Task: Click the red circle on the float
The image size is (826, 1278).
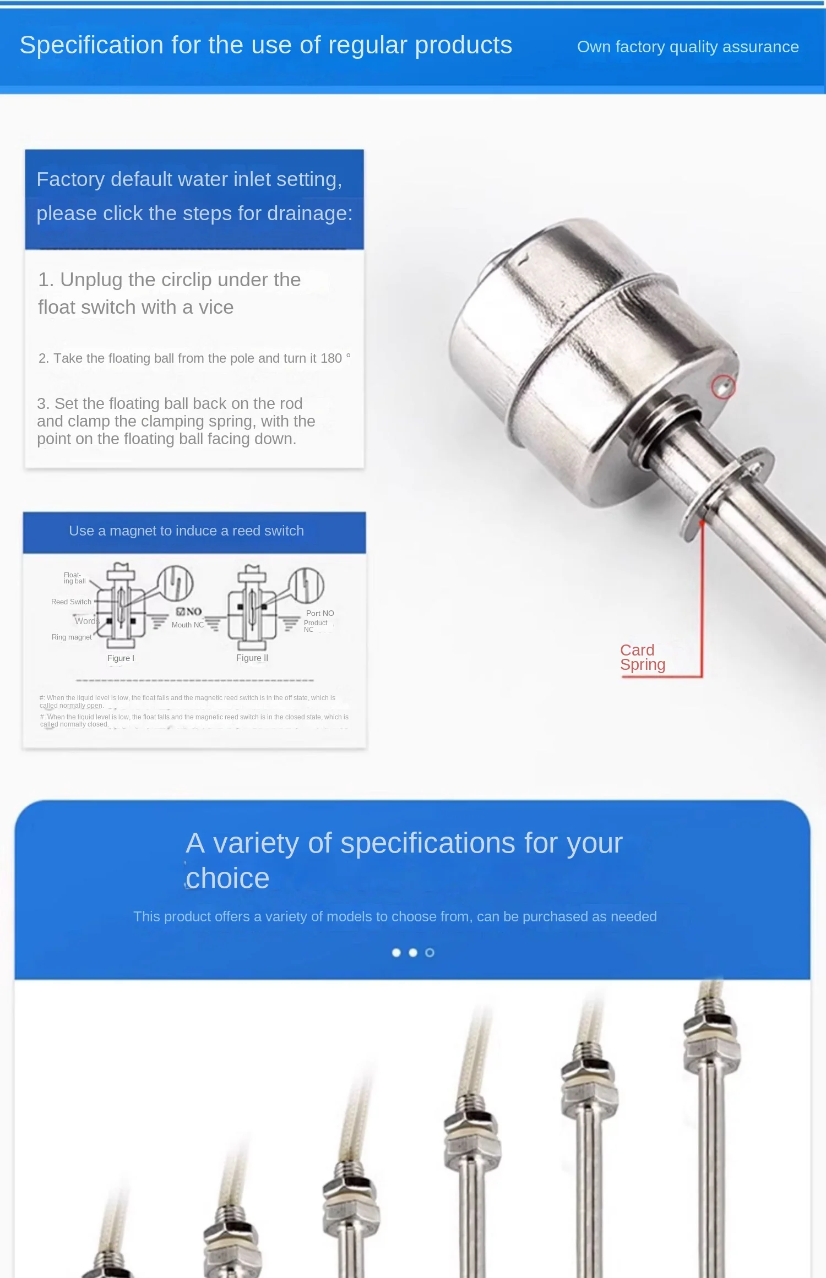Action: [723, 387]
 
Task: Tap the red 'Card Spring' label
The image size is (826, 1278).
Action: [642, 657]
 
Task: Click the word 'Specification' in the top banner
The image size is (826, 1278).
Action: [91, 45]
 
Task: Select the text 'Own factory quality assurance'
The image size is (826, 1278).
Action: [687, 47]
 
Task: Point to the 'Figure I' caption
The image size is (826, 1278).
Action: [121, 658]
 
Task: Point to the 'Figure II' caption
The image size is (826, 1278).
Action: [252, 658]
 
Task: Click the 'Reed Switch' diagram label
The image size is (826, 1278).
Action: [71, 602]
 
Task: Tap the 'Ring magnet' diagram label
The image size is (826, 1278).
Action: [72, 637]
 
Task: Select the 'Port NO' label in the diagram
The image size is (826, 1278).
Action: [320, 613]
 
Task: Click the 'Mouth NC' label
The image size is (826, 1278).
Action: [187, 625]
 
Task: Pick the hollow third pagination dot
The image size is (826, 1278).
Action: [430, 953]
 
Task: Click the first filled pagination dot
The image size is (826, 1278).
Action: [396, 953]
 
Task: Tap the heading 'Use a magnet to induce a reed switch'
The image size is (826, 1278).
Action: [186, 531]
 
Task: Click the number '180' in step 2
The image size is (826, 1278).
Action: [331, 358]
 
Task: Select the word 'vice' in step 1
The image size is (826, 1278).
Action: [216, 308]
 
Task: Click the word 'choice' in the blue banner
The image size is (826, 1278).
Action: [227, 878]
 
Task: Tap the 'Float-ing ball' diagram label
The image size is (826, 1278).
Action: [74, 578]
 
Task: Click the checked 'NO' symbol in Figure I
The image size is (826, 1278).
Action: [189, 611]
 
